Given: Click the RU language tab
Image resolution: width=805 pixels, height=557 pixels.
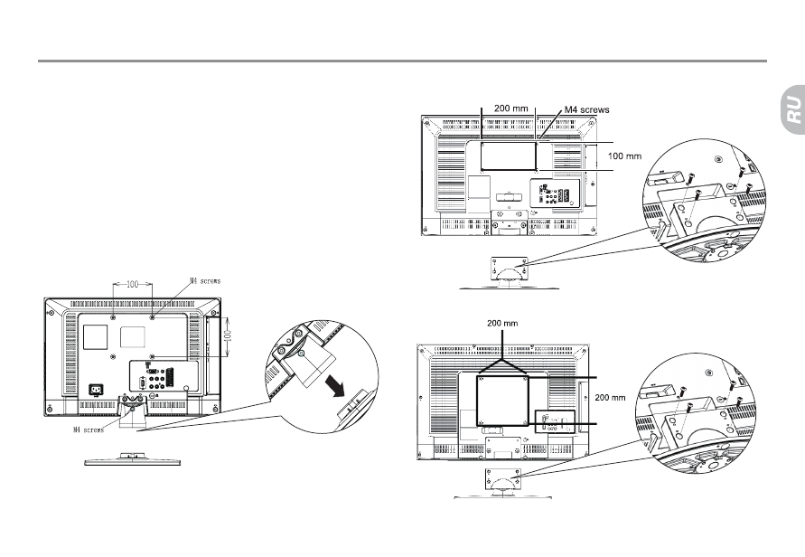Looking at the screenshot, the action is (x=793, y=109).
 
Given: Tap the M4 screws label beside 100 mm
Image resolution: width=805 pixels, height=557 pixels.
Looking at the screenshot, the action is (x=586, y=109).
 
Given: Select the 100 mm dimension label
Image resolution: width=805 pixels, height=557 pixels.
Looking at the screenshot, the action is (x=625, y=156).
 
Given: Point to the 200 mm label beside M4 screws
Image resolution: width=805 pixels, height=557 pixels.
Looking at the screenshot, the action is (x=510, y=109).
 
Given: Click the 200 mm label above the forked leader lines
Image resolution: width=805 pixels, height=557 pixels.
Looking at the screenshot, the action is (x=502, y=323).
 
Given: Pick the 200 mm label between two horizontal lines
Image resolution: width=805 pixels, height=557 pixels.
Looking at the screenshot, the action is (x=611, y=397).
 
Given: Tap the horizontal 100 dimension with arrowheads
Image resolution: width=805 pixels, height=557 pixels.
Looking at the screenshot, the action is (x=133, y=284).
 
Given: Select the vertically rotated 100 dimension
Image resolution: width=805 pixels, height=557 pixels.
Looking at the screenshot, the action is (x=229, y=336).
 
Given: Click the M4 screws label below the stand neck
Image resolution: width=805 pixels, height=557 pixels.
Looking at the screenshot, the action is (x=89, y=430).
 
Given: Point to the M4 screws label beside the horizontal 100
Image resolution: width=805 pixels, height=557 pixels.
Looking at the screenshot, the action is (x=205, y=281).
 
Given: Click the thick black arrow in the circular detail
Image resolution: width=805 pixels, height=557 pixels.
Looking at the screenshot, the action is (x=336, y=386).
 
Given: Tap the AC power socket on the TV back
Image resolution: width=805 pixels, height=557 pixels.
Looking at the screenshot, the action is (x=95, y=390).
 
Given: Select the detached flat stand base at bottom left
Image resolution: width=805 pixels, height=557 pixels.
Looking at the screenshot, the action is (x=133, y=459).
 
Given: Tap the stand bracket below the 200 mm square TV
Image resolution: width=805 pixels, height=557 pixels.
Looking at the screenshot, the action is (x=502, y=480).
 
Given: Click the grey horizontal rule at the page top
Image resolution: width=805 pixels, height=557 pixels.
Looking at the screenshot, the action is (x=403, y=61).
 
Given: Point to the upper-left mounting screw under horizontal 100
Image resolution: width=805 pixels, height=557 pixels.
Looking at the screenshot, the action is (x=113, y=318).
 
